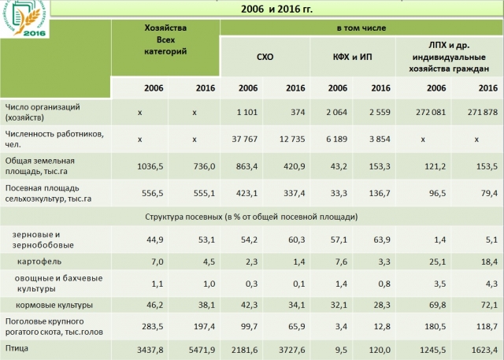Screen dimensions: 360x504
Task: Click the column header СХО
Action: click(x=265, y=58)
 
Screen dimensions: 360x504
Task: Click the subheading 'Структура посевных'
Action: click(x=252, y=214)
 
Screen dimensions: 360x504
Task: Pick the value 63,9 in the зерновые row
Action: click(x=381, y=239)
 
